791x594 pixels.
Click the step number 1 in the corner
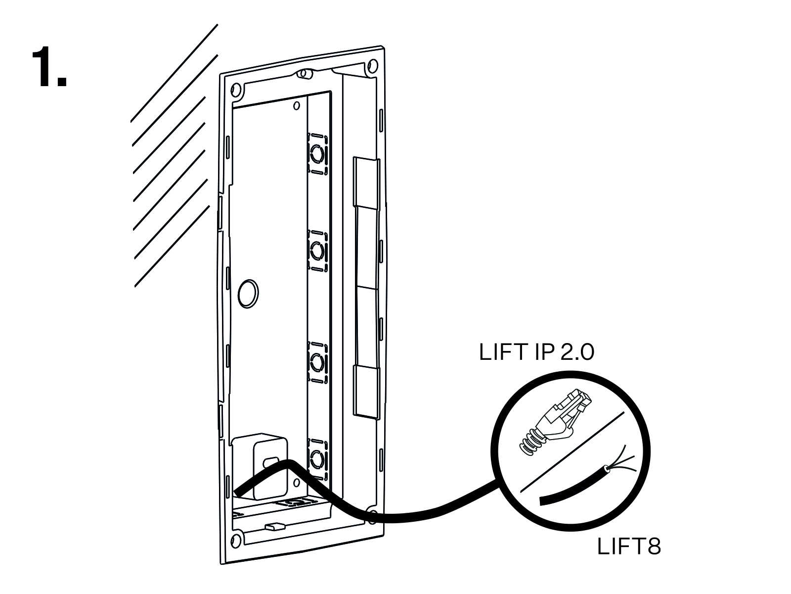[49, 67]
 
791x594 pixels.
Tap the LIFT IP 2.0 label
[536, 352]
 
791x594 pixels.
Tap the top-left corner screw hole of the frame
[236, 90]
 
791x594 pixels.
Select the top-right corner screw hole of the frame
[373, 66]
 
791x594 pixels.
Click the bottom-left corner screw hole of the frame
[236, 542]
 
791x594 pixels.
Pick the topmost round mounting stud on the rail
[317, 155]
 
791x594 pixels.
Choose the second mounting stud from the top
[317, 250]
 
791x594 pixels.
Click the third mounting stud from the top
[317, 362]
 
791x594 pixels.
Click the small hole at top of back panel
[296, 105]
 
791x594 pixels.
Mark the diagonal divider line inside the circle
[572, 451]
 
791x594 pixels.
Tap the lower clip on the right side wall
[365, 392]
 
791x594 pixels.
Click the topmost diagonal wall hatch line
[174, 73]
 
